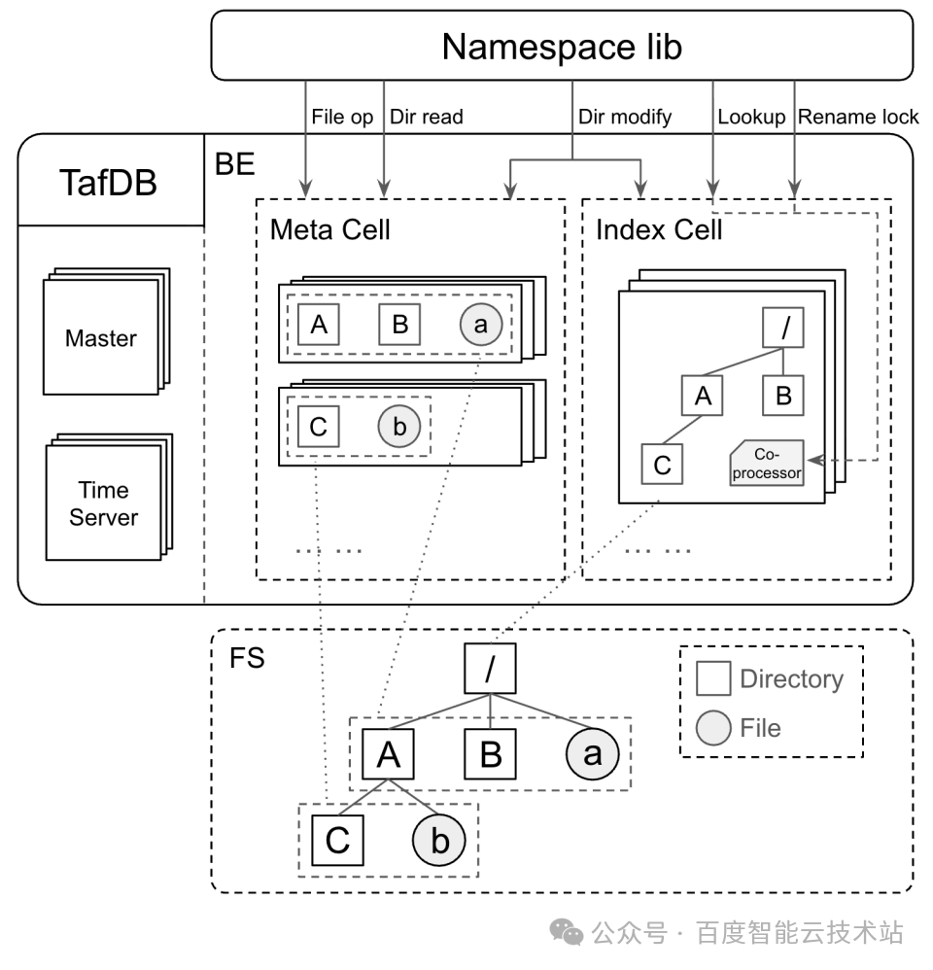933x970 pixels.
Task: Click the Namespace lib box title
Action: coord(562,46)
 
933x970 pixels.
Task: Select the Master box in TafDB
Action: coord(101,339)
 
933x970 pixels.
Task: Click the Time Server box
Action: coord(103,503)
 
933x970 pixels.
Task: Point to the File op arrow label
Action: coord(342,117)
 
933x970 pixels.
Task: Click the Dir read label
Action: coord(427,117)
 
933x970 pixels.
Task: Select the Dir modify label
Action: coord(625,117)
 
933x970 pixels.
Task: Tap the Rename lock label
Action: coord(858,117)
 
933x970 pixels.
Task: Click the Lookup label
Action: coord(751,117)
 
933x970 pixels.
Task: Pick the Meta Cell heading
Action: coord(330,229)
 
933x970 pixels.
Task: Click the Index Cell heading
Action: coord(659,229)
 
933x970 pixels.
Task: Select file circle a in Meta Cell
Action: coord(481,325)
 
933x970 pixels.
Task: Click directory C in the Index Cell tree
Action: coord(662,464)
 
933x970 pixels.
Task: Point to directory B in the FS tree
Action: coord(491,753)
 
